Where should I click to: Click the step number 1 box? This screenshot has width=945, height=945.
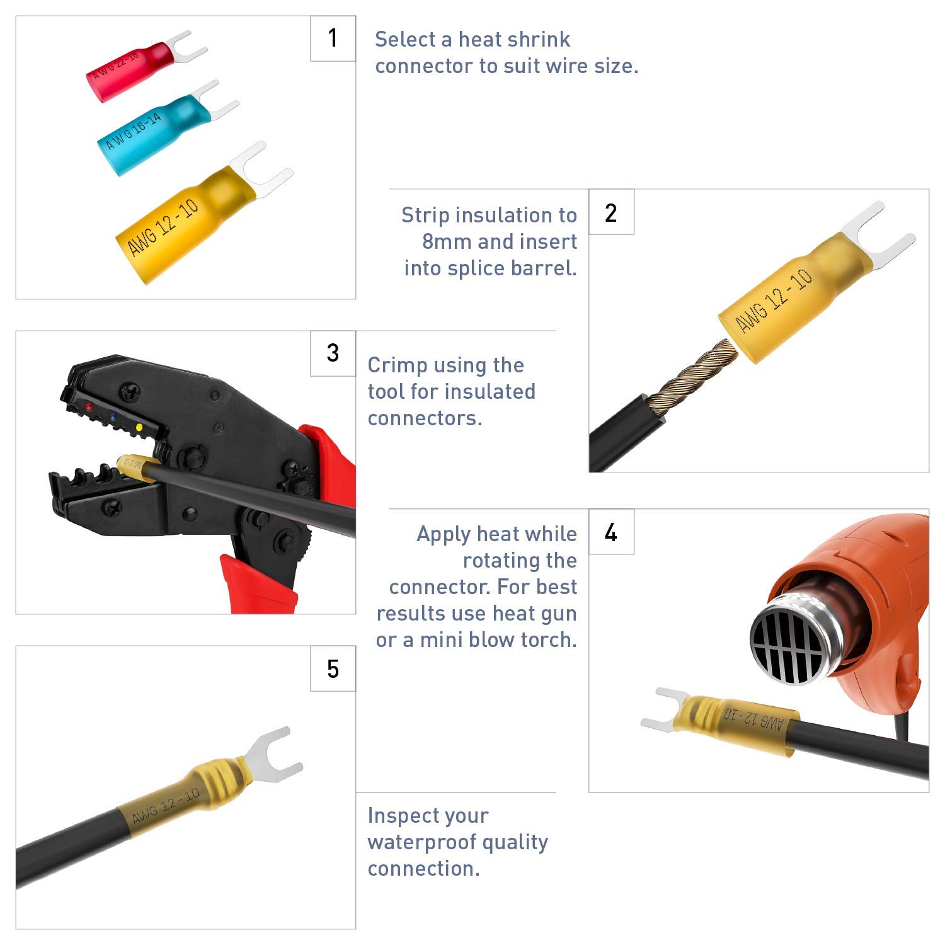point(333,38)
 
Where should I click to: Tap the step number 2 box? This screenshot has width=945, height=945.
point(611,212)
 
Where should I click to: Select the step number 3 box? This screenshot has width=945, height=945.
point(333,353)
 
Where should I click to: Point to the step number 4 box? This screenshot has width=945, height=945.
point(611,532)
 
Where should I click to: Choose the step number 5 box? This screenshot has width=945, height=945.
point(333,668)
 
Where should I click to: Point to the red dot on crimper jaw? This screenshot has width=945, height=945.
point(89,407)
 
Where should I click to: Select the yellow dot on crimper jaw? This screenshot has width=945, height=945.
point(139,428)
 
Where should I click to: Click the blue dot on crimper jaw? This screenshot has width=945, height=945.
point(113,417)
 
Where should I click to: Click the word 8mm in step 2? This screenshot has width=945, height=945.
point(447,242)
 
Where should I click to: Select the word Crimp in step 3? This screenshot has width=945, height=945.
point(394,365)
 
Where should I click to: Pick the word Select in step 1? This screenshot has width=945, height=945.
point(405,40)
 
